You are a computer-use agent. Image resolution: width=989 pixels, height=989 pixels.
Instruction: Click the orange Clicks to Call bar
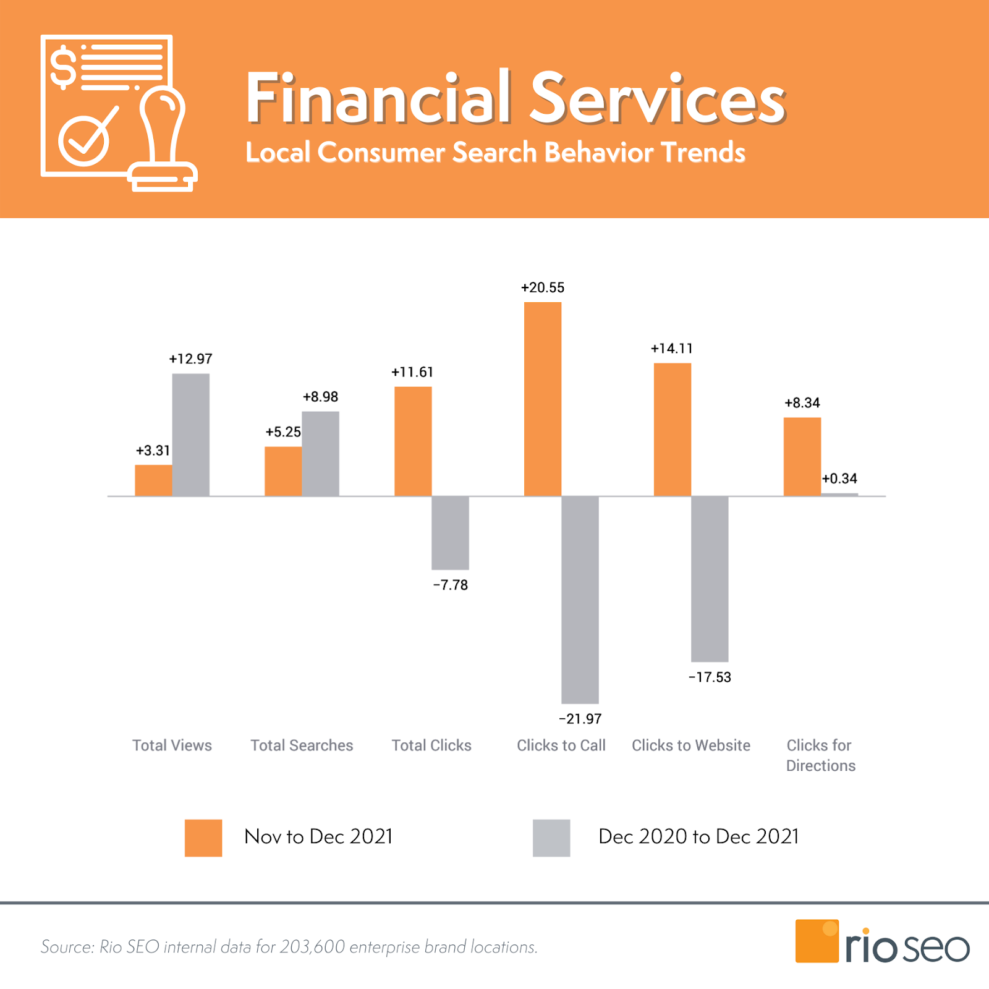point(543,399)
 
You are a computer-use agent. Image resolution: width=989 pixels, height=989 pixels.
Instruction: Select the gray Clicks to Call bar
point(580,600)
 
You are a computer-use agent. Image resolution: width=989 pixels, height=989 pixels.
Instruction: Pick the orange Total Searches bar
point(283,471)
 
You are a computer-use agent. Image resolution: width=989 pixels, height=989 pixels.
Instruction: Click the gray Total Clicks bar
point(450,532)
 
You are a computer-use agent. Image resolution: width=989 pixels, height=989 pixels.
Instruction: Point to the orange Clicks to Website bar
point(673,429)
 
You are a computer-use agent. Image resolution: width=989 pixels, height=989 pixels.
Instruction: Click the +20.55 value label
point(543,287)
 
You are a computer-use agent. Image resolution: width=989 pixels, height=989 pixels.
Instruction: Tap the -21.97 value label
point(580,719)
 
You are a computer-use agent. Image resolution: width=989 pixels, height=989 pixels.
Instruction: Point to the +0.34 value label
point(839,478)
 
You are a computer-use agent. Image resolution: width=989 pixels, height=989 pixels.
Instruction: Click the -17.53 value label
point(710,677)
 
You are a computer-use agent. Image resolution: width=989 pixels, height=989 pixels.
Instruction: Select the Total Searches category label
point(302,745)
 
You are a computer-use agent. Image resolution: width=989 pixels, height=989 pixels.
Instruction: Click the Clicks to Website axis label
point(691,745)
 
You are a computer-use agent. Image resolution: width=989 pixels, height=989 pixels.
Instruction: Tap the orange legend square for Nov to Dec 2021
point(203,838)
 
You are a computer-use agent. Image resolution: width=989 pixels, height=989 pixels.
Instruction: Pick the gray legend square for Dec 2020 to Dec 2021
point(551,838)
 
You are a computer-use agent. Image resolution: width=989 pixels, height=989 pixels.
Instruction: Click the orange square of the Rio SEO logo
point(817,941)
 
